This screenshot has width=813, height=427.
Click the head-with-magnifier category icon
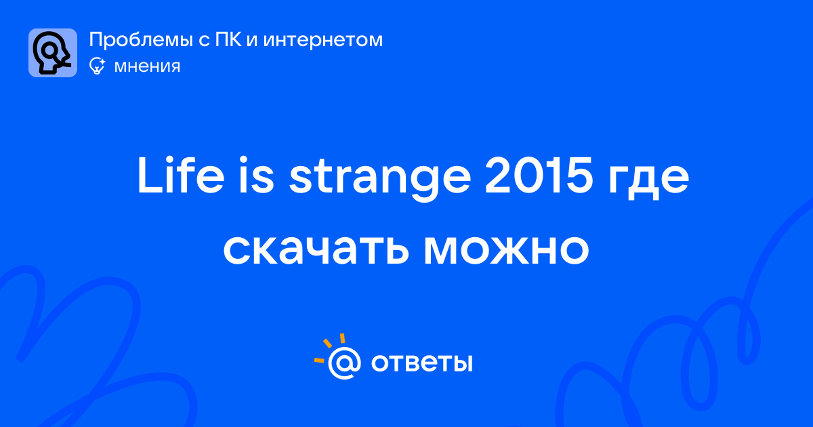[53, 53]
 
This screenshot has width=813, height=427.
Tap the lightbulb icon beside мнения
[98, 66]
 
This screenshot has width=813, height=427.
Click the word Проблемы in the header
[141, 40]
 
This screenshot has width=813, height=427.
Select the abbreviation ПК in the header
[228, 39]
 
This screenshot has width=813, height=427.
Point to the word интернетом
[322, 40]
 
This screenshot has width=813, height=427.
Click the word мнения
[147, 66]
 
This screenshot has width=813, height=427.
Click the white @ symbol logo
[344, 363]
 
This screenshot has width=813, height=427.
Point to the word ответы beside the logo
[421, 363]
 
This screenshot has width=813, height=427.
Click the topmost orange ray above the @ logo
[342, 338]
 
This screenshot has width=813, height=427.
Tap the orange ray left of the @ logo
[319, 360]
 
